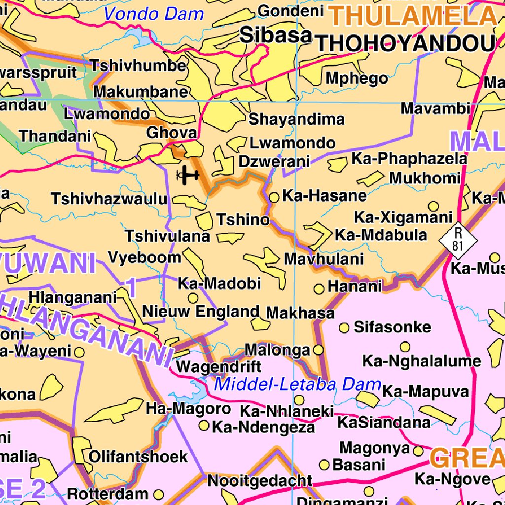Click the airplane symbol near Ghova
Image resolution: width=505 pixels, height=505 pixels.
[x=187, y=175]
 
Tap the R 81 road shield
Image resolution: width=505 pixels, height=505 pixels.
[x=459, y=239]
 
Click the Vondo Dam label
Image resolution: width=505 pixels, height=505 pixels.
[x=154, y=14]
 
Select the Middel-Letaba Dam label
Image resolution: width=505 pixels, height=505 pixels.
[x=298, y=384]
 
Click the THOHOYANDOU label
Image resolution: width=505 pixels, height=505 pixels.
[x=405, y=44]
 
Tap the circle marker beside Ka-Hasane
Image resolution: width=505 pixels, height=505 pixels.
[x=274, y=197]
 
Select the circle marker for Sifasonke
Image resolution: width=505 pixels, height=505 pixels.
[x=344, y=327]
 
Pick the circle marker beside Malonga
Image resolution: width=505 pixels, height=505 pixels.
[x=319, y=350]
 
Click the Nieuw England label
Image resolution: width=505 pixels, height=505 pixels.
[x=201, y=312]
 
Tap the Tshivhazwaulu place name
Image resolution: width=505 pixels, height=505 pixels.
[x=109, y=199]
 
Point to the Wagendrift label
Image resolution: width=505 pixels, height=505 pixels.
[x=218, y=367]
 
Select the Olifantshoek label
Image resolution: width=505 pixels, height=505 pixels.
[x=138, y=456]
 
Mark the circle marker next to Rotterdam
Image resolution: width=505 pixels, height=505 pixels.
[x=158, y=494]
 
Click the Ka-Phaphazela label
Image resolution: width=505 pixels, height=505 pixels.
[x=409, y=158]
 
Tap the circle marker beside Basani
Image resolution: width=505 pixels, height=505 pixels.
[x=325, y=465]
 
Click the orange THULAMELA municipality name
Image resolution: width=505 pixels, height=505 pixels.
[x=413, y=16]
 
